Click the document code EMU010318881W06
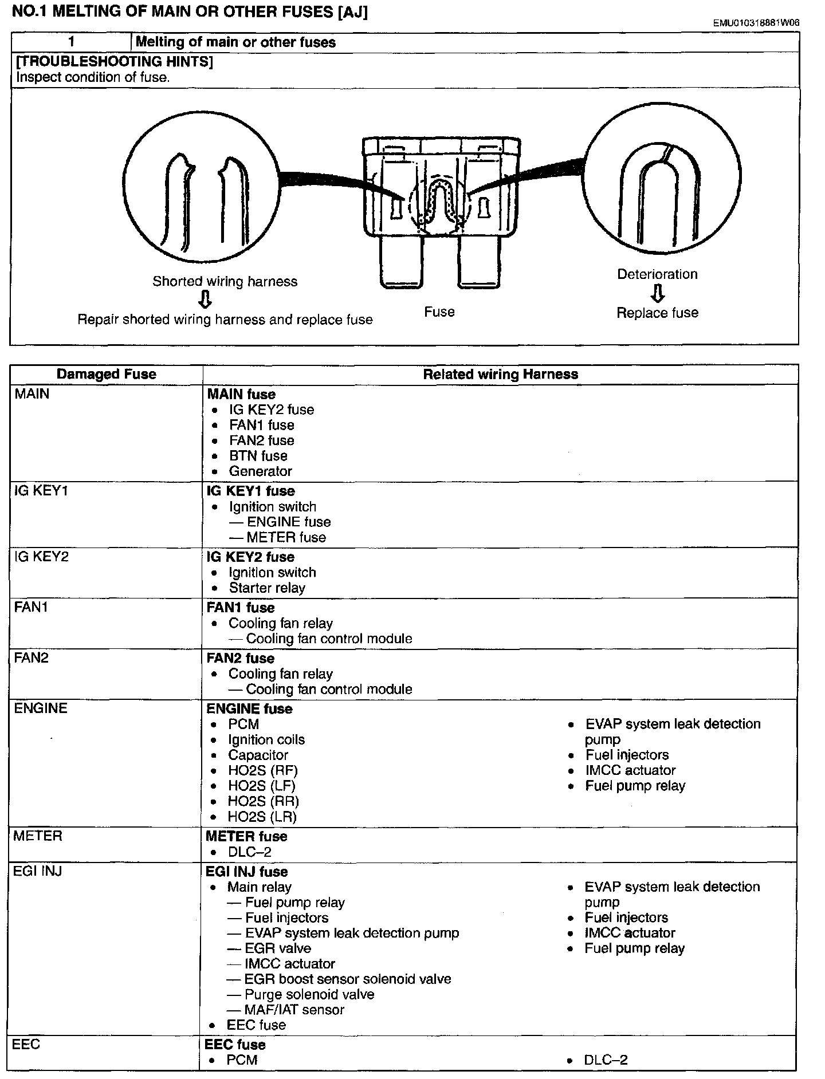[x=756, y=23]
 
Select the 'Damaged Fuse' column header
[x=106, y=374]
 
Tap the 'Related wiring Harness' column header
[x=500, y=374]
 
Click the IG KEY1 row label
[x=41, y=491]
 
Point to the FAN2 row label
[x=32, y=657]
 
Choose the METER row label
[x=38, y=836]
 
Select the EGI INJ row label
[x=38, y=871]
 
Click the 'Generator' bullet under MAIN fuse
[x=260, y=471]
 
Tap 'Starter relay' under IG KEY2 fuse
[x=267, y=588]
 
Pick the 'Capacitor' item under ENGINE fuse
[x=258, y=755]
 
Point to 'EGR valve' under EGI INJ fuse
[x=278, y=948]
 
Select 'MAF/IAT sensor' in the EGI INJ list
[x=294, y=1010]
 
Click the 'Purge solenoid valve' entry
[x=309, y=994]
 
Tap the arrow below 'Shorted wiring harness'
[x=205, y=300]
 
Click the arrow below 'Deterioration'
[x=658, y=293]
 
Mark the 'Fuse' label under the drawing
[x=439, y=312]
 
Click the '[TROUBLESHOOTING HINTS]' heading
[x=115, y=61]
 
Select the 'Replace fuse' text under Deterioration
[x=657, y=313]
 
